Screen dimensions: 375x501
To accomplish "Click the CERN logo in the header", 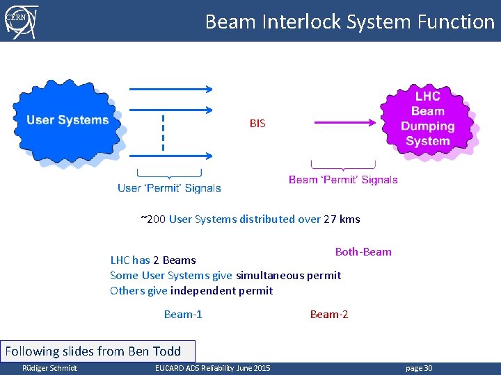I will pos(21,20).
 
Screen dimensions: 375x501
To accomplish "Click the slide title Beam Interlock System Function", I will pos(349,22).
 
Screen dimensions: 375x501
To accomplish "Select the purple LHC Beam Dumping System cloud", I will pos(427,119).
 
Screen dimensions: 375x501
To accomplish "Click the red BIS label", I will pos(257,124).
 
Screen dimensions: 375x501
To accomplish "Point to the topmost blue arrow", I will pos(170,89).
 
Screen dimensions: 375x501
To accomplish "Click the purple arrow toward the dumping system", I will pos(344,123).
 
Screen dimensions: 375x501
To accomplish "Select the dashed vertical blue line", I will pos(164,133).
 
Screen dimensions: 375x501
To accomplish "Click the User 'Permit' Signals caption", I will pos(169,187).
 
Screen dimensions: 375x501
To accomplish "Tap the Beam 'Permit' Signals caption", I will pos(343,180).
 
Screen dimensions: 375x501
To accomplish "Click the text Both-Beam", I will pos(363,251).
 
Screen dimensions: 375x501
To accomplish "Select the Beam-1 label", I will pos(183,315).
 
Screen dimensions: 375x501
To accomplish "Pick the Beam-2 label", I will pos(329,315).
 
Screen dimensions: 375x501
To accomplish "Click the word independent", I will pos(202,291).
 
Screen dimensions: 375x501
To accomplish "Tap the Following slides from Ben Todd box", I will pos(98,351).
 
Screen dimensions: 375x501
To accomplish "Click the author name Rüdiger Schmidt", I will pos(49,368).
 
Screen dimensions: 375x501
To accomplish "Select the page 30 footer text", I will pos(418,368).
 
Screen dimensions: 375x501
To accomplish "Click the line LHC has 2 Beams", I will pos(153,260).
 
